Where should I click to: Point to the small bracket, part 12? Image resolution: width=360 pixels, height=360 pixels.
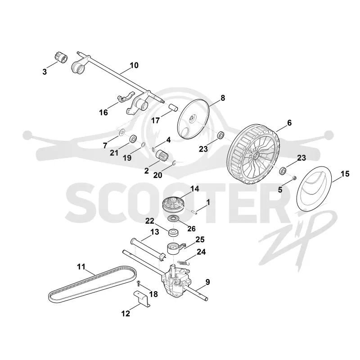point(142,298)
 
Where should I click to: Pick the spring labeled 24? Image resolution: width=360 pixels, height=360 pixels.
point(184,262)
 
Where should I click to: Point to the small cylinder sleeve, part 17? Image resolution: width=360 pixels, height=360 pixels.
point(174,107)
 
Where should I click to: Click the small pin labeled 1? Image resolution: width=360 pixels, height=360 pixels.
point(194,211)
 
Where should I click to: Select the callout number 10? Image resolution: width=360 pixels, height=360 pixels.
point(134,65)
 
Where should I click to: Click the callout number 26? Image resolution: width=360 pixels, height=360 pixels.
point(192,229)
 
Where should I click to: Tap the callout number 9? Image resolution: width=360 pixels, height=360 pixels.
point(207,282)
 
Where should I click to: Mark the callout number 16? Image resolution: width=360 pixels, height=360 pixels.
point(103,112)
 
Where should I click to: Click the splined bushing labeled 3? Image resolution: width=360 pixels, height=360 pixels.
point(61,58)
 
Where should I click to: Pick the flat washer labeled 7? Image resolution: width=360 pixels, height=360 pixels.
point(121,132)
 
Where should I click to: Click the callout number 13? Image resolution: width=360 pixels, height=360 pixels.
point(154,232)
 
